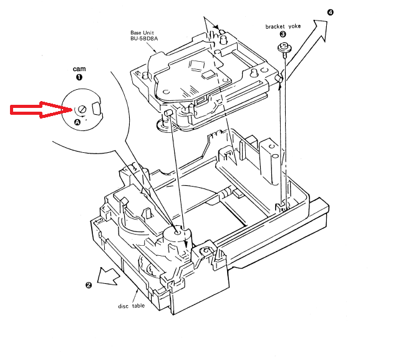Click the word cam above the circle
[x=79, y=69]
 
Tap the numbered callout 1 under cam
[x=79, y=77]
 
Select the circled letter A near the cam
[x=77, y=122]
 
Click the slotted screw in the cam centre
[x=82, y=109]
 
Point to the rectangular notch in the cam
[x=96, y=109]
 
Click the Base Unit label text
[x=142, y=33]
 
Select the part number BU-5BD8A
[x=144, y=39]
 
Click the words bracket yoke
[x=283, y=26]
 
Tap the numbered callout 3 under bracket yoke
[x=283, y=34]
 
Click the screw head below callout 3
[x=284, y=47]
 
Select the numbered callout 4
[x=331, y=12]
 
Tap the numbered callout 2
[x=89, y=285]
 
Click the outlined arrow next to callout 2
[x=109, y=276]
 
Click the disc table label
[x=132, y=306]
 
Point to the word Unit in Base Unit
[x=148, y=33]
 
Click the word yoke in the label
[x=294, y=26]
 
